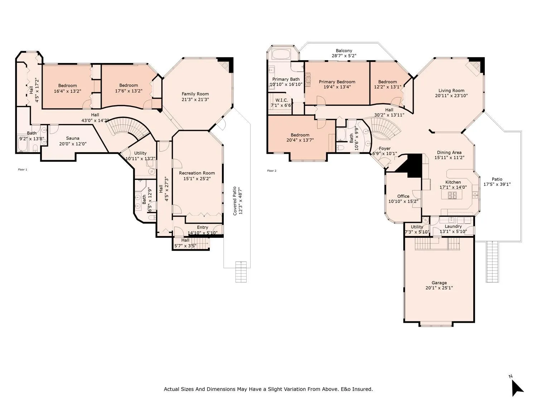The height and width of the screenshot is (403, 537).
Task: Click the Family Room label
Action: coord(195,94)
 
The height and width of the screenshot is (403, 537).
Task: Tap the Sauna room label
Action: coord(73,138)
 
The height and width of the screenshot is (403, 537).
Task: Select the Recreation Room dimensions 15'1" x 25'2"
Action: coord(197,179)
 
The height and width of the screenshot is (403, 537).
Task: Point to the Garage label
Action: coord(439,283)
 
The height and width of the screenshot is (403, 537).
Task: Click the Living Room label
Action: coord(451,91)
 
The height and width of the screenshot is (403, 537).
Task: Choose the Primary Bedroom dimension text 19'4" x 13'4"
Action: coord(337,87)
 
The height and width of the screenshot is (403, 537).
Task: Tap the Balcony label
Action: coord(344,51)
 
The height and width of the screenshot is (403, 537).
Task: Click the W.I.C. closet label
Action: coord(282,100)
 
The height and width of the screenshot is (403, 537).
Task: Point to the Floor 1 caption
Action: coord(23,169)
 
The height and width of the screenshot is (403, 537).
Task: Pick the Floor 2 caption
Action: coord(272,171)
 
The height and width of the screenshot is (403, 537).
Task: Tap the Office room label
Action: coord(403,196)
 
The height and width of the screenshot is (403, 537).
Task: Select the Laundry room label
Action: coord(453,227)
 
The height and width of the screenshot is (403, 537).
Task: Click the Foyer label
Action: coord(384,149)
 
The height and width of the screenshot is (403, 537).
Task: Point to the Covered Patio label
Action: coord(234,201)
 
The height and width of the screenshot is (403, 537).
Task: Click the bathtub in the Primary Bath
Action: coord(281,54)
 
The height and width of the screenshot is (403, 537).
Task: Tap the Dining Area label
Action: coord(449,153)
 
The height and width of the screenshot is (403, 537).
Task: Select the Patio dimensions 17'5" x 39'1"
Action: coord(497,184)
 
